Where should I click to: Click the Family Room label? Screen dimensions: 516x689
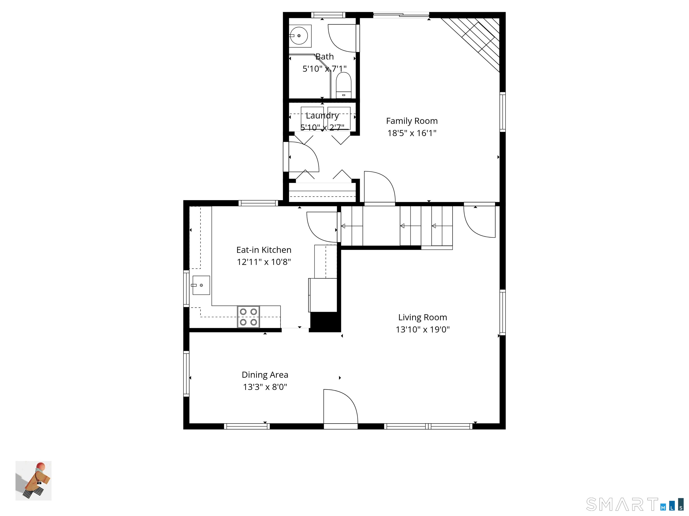coord(412,121)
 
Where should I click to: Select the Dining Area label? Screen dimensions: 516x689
coord(265,375)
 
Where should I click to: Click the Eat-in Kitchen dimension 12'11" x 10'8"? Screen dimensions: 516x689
coord(264,262)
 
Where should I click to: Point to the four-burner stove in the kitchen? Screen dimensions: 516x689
coord(248,317)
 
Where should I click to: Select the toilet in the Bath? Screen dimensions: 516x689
coord(344,86)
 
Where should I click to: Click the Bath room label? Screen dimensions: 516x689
coord(325,57)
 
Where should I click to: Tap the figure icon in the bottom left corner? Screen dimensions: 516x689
coord(33,481)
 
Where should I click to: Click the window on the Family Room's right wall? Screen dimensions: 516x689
coord(502,112)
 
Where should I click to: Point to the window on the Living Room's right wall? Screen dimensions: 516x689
coord(502,312)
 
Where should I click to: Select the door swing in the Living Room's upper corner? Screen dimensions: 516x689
coord(480,221)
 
